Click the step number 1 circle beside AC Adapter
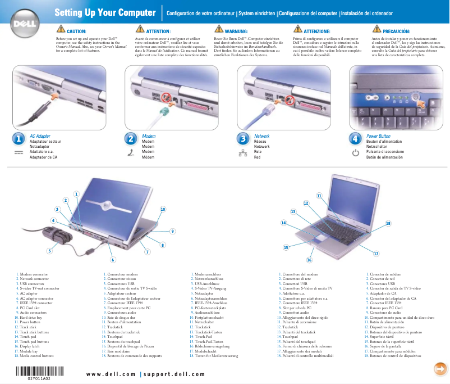point(18,138)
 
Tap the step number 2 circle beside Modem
point(131,138)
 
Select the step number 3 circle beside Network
point(243,138)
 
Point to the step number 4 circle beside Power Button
point(355,138)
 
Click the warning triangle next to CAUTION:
point(60,29)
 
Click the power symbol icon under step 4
point(355,153)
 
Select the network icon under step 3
point(243,153)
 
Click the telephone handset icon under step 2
point(131,153)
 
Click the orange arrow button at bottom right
point(440,368)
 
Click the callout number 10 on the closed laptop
point(163,209)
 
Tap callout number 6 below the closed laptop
point(113,260)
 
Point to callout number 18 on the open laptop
point(388,223)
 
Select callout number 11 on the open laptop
point(319,196)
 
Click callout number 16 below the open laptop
point(309,260)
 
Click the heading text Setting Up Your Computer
point(105,12)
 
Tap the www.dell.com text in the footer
point(111,374)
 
